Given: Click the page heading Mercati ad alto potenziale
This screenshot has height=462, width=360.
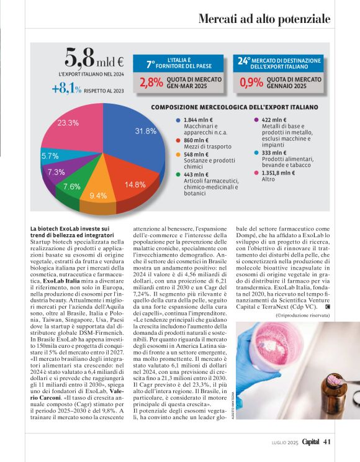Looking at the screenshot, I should coord(264,19).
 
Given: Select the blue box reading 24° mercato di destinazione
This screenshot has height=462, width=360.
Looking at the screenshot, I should coord(279,63).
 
